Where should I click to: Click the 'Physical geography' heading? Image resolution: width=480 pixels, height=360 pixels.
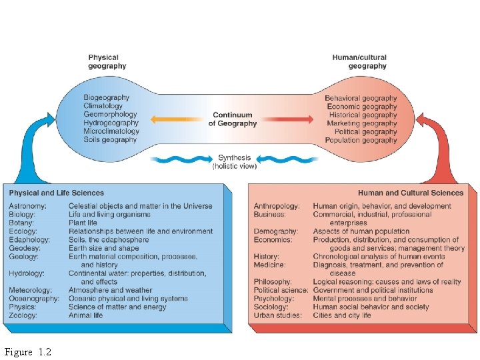pyautogui.click(x=107, y=62)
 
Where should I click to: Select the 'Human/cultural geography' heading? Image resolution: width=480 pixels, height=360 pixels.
pyautogui.click(x=359, y=62)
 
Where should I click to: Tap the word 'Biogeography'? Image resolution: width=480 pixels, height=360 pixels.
pyautogui.click(x=107, y=98)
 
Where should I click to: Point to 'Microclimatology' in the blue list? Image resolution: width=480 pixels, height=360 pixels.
pyautogui.click(x=111, y=131)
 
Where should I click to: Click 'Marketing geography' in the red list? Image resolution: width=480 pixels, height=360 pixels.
pyautogui.click(x=362, y=123)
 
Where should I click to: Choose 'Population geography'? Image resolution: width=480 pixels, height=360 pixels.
pyautogui.click(x=361, y=140)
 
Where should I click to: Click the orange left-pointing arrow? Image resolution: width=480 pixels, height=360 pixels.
pyautogui.click(x=173, y=119)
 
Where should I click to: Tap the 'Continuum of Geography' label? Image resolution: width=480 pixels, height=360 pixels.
pyautogui.click(x=233, y=119)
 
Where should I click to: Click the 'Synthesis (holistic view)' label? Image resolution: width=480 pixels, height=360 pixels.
pyautogui.click(x=235, y=162)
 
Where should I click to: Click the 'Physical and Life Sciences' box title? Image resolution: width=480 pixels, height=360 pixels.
pyautogui.click(x=57, y=193)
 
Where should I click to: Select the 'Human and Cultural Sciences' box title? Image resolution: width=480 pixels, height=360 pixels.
pyautogui.click(x=411, y=193)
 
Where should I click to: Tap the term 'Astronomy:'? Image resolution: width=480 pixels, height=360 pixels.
pyautogui.click(x=27, y=206)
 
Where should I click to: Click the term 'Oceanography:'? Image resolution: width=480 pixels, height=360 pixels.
pyautogui.click(x=31, y=299)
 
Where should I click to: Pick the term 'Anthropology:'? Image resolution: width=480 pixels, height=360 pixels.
pyautogui.click(x=277, y=206)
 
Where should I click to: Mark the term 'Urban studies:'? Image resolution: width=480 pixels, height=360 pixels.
pyautogui.click(x=275, y=315)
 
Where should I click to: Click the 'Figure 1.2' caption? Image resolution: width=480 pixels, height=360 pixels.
pyautogui.click(x=27, y=351)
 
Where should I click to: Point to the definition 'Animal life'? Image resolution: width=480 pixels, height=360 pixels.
pyautogui.click(x=85, y=315)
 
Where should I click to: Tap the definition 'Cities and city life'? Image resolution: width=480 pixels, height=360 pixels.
pyautogui.click(x=341, y=315)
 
